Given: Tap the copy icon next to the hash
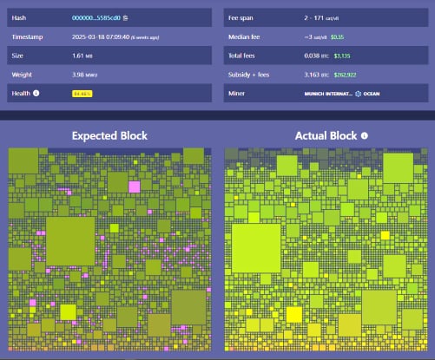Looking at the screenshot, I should coord(126,16).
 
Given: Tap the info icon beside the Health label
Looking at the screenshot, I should coord(36,94).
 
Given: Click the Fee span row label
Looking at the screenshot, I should coord(240,16).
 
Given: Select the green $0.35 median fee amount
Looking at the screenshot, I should coord(337,37).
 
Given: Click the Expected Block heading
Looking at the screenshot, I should coord(109,136).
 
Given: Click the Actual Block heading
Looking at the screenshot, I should coord(326,136).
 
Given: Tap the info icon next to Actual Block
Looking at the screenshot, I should coord(365,136).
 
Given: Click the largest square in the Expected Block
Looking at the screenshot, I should coord(70,240).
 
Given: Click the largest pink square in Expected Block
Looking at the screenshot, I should coord(134,187).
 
